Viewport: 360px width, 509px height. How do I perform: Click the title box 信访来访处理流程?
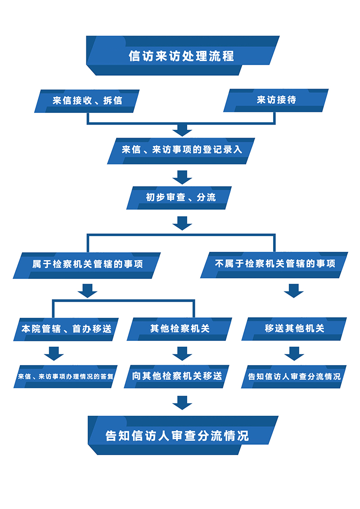[182, 56]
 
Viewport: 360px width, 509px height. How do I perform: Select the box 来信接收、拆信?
[87, 100]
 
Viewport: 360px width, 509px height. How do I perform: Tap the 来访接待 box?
[276, 100]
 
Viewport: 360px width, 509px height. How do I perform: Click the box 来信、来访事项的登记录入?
[181, 150]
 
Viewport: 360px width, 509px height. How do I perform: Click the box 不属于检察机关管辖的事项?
[274, 264]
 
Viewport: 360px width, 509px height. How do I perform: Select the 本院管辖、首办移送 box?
[66, 329]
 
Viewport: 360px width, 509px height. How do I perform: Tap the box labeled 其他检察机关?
[180, 329]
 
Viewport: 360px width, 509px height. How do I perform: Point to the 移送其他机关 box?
[294, 329]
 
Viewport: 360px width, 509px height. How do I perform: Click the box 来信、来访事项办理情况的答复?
[66, 376]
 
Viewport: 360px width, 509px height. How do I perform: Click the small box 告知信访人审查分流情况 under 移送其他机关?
[294, 376]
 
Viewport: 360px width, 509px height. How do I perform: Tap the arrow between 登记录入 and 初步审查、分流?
[182, 177]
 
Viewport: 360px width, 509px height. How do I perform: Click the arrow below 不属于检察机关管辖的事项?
[294, 290]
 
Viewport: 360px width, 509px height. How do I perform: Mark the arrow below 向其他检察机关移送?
[182, 402]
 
